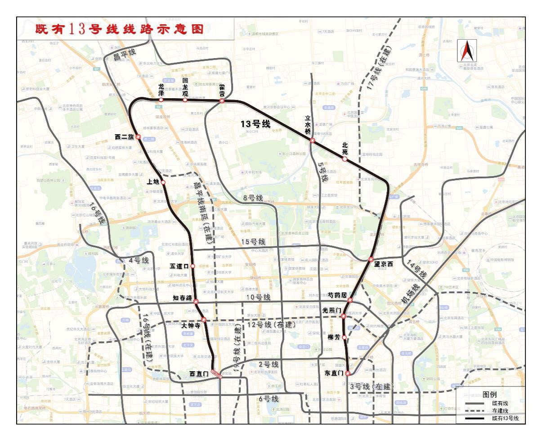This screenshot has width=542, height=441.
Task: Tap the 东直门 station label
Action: click(334, 373)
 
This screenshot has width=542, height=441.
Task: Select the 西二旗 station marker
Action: click(138, 137)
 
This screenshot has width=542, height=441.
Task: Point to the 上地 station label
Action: click(152, 182)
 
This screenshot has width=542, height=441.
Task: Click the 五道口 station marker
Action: click(193, 266)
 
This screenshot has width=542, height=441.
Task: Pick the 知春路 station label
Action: click(182, 298)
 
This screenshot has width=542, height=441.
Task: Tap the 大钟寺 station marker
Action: click(204, 320)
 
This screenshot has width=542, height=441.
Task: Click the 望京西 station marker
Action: click(371, 259)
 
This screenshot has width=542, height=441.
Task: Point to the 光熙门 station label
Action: click(332, 311)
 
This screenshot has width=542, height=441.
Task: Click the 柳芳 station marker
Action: click(345, 337)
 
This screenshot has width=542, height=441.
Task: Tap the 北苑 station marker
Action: click(345, 159)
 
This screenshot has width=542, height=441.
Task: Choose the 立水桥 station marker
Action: click(312, 141)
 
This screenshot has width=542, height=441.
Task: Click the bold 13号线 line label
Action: click(255, 124)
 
